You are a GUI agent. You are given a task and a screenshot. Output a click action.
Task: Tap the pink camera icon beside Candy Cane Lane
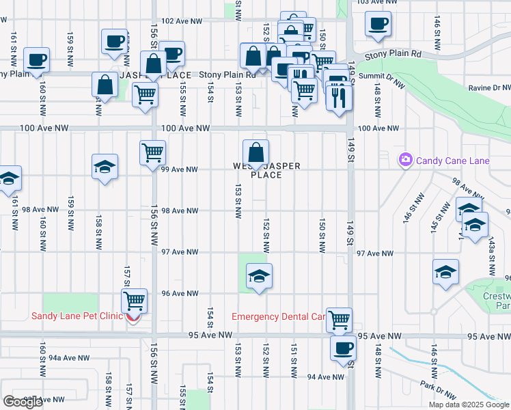pos(406,160)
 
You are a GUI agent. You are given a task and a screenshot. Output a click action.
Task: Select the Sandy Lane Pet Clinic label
pos(77,316)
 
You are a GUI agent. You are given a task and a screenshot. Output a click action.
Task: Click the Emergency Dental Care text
pos(278,316)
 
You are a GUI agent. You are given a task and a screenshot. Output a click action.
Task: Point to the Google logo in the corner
pos(23,402)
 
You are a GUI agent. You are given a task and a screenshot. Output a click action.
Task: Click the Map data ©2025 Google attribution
pos(469,405)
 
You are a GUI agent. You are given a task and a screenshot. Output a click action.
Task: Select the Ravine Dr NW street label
pos(490,88)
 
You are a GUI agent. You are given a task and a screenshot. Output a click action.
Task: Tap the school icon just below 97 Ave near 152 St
pos(259,277)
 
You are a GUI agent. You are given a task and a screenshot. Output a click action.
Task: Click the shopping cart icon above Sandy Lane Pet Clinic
pos(135,300)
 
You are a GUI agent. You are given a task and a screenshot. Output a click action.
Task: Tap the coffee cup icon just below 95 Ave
pos(343,348)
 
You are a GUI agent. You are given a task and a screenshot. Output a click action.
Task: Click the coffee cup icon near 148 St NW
pos(378,25)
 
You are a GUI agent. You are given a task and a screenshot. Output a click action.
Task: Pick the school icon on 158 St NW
pos(105,167)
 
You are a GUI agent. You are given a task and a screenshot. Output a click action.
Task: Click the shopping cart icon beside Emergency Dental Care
pos(339,319)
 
